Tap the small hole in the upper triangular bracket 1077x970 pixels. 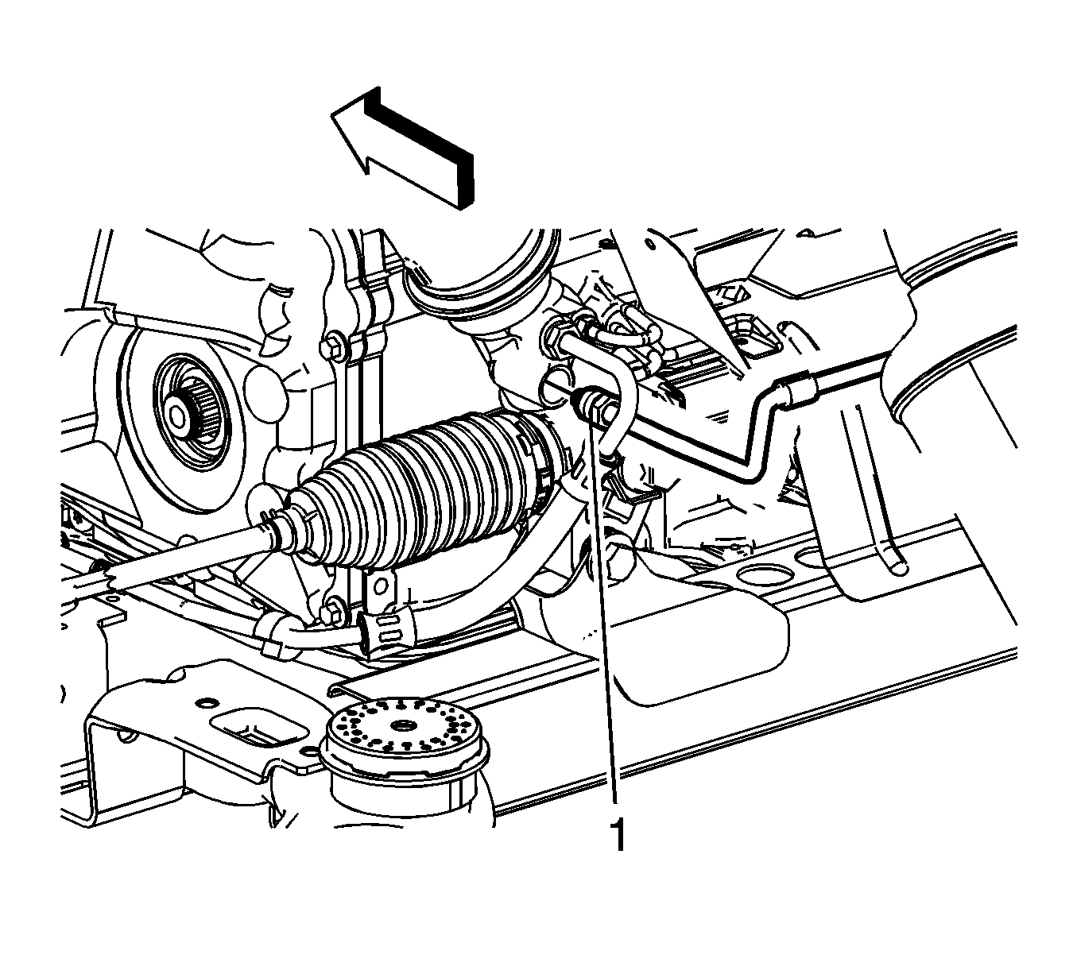click(651, 245)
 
